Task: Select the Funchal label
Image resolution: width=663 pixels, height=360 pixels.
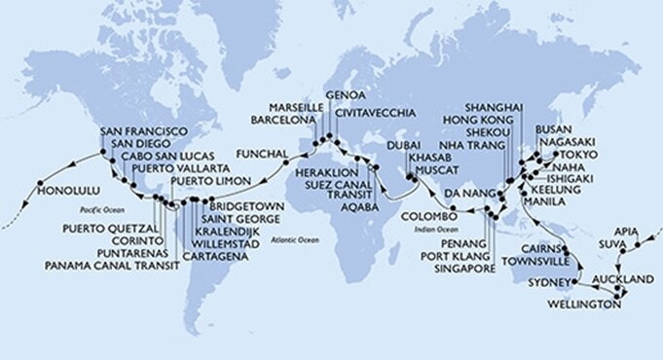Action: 262,154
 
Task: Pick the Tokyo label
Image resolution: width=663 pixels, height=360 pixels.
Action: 577,156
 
